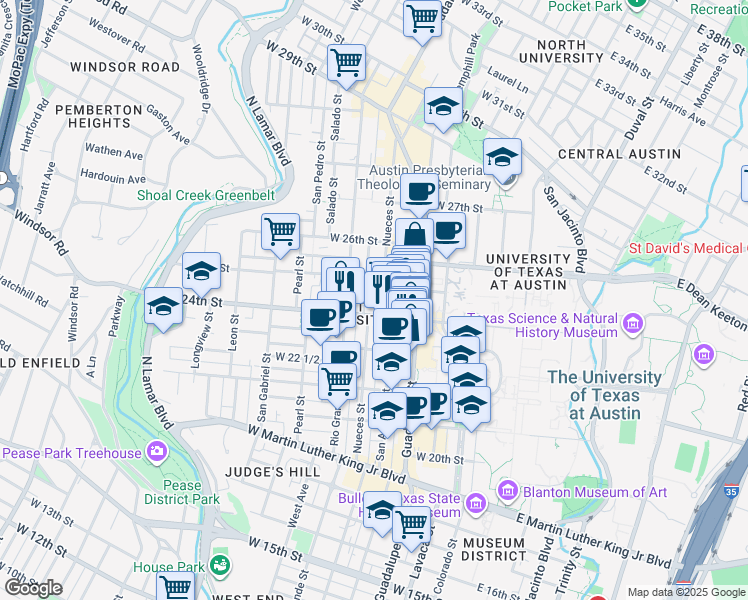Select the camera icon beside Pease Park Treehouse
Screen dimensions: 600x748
click(x=157, y=453)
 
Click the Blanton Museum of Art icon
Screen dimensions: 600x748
click(x=507, y=491)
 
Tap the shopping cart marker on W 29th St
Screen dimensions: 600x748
click(x=346, y=62)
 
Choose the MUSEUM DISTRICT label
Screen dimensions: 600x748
click(x=494, y=548)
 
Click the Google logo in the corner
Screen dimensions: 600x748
click(x=33, y=588)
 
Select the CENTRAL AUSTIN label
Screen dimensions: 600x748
click(x=619, y=154)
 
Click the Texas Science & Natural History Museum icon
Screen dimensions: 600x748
click(x=632, y=323)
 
